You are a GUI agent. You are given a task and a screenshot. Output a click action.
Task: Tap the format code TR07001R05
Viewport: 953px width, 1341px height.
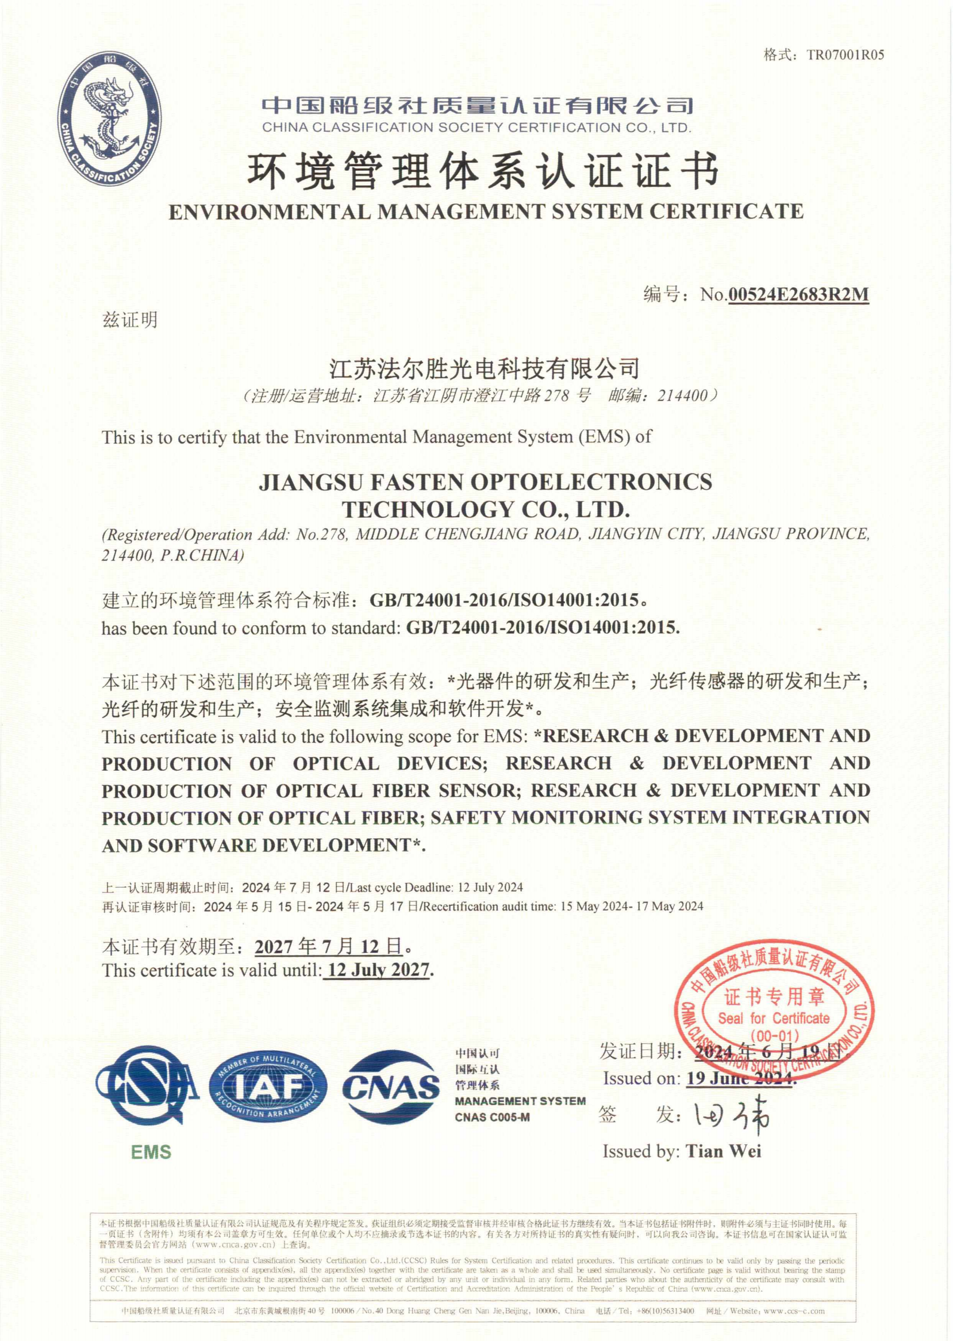pyautogui.click(x=845, y=55)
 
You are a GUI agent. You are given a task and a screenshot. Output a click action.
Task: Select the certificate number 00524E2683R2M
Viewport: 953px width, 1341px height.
pyautogui.click(x=798, y=294)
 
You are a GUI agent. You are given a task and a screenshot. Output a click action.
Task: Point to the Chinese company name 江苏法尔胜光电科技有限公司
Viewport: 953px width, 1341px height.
pyautogui.click(x=484, y=368)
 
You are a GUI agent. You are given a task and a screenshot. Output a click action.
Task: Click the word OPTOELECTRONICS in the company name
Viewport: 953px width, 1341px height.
pyautogui.click(x=592, y=482)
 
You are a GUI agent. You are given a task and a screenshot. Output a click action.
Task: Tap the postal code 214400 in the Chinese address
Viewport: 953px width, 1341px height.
pyautogui.click(x=682, y=395)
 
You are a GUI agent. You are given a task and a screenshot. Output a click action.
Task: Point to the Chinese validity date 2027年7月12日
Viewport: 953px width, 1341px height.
pyautogui.click(x=329, y=946)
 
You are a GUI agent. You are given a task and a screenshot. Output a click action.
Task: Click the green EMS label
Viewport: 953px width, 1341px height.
pyautogui.click(x=151, y=1152)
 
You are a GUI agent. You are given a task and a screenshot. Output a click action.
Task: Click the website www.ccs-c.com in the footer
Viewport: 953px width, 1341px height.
pyautogui.click(x=793, y=1311)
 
